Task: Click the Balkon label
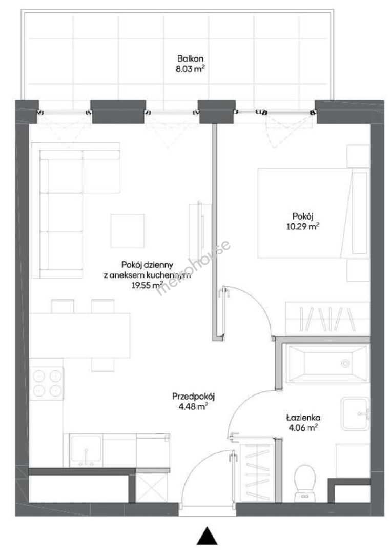click(190, 58)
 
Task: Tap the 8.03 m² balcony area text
click(190, 69)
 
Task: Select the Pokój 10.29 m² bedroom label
click(303, 221)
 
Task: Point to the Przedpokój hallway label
click(193, 397)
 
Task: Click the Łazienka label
click(303, 418)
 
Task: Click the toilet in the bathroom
click(305, 483)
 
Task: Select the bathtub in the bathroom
click(328, 363)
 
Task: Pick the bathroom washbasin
click(355, 413)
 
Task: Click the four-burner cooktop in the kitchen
click(47, 383)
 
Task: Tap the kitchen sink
click(86, 450)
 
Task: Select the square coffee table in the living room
click(128, 231)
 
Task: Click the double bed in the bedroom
click(314, 213)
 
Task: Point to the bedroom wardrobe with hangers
click(327, 319)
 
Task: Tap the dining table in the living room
click(80, 335)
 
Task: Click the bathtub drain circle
click(345, 363)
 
